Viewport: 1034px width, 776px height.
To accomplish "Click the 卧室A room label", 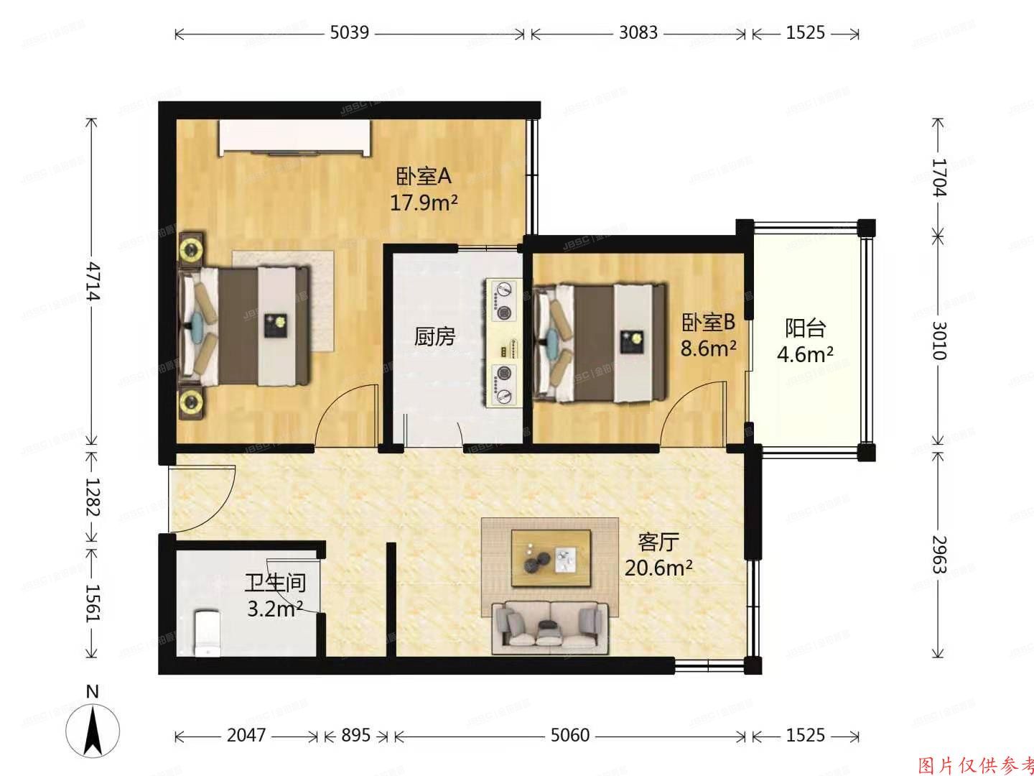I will pos(423,176).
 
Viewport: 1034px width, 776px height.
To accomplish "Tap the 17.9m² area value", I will pos(424,203).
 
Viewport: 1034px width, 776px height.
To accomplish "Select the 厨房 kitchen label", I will pos(434,336).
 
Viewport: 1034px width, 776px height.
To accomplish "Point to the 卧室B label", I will pos(708,321).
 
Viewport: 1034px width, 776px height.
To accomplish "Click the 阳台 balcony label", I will pos(805,328).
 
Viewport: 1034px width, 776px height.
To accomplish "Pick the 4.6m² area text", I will pos(805,354).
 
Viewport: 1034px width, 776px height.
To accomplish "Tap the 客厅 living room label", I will pos(658,541).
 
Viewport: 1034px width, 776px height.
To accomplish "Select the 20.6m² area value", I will pos(658,568).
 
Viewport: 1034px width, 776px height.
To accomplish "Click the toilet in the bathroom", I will pos(207,632).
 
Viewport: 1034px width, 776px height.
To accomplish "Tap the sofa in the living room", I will pos(550,627).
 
